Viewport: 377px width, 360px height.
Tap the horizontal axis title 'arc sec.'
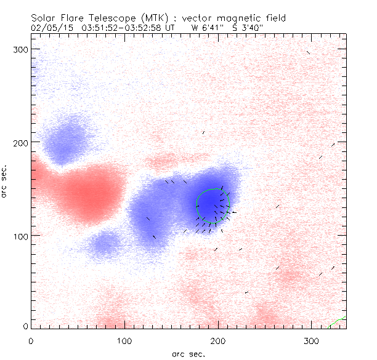pos(188,354)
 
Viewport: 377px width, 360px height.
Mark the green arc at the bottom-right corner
pos(338,321)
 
